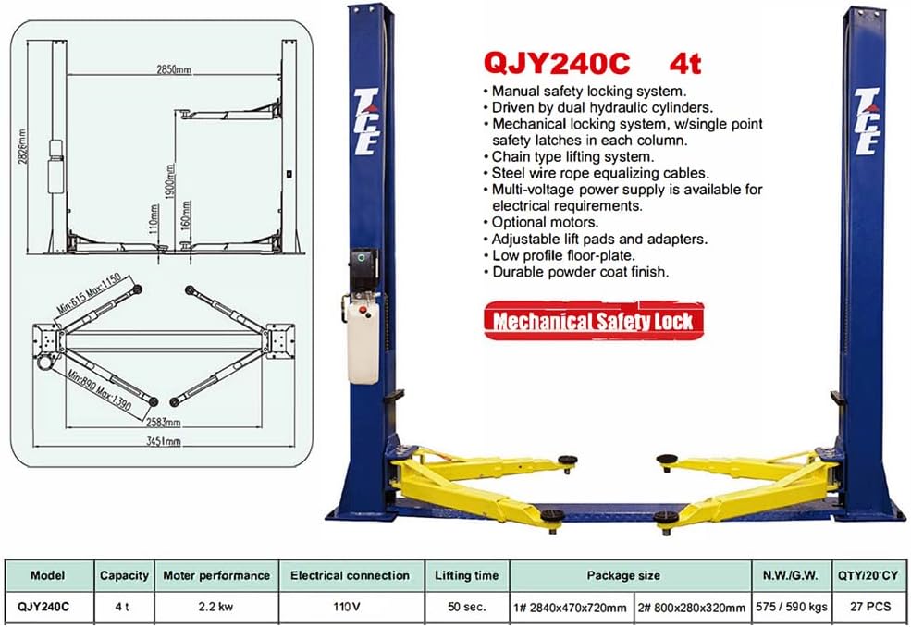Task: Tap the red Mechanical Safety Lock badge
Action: tap(592, 321)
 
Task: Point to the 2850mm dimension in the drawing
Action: tap(173, 69)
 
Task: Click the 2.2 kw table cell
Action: tap(216, 608)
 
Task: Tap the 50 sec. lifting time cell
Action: tap(467, 608)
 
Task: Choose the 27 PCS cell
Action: tap(871, 608)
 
